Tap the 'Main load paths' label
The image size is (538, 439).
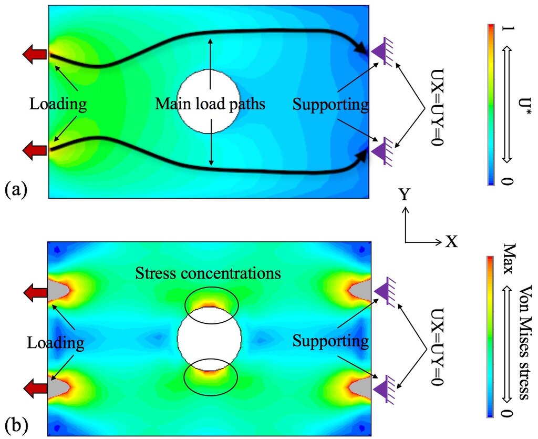click(210, 104)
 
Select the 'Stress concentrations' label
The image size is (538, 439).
click(208, 273)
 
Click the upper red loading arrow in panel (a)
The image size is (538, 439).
click(35, 54)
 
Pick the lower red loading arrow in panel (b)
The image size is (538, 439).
click(35, 389)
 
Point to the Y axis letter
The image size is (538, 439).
click(405, 195)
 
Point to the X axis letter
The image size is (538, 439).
click(451, 242)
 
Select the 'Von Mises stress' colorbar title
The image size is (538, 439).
click(523, 342)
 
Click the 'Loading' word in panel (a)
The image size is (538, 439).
click(58, 104)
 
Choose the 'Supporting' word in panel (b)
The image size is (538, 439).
click(330, 342)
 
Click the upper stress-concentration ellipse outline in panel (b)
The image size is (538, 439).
click(211, 287)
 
